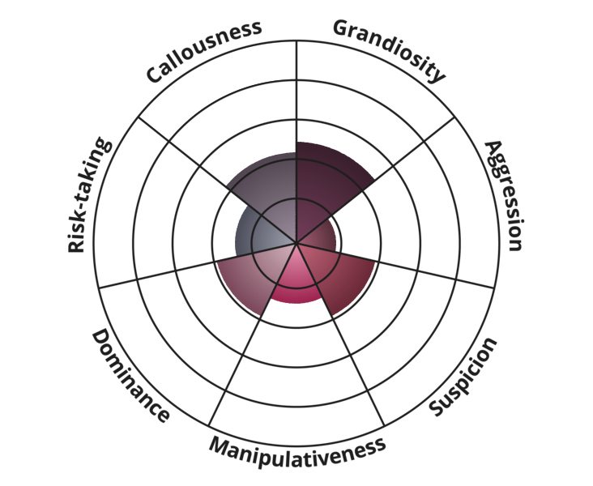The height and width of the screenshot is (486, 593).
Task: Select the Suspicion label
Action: pos(463,377)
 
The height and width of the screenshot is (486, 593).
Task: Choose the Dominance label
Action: pos(130,375)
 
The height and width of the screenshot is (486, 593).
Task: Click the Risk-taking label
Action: pos(87,195)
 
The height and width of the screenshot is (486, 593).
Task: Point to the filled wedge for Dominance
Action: pos(251,275)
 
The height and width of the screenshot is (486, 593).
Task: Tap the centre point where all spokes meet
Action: pos(296,242)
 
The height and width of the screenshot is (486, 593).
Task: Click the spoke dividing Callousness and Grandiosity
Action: pos(296,97)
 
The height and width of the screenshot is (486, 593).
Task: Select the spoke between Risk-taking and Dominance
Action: pos(162,273)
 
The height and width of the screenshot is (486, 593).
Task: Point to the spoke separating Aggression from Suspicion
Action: pos(429,272)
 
